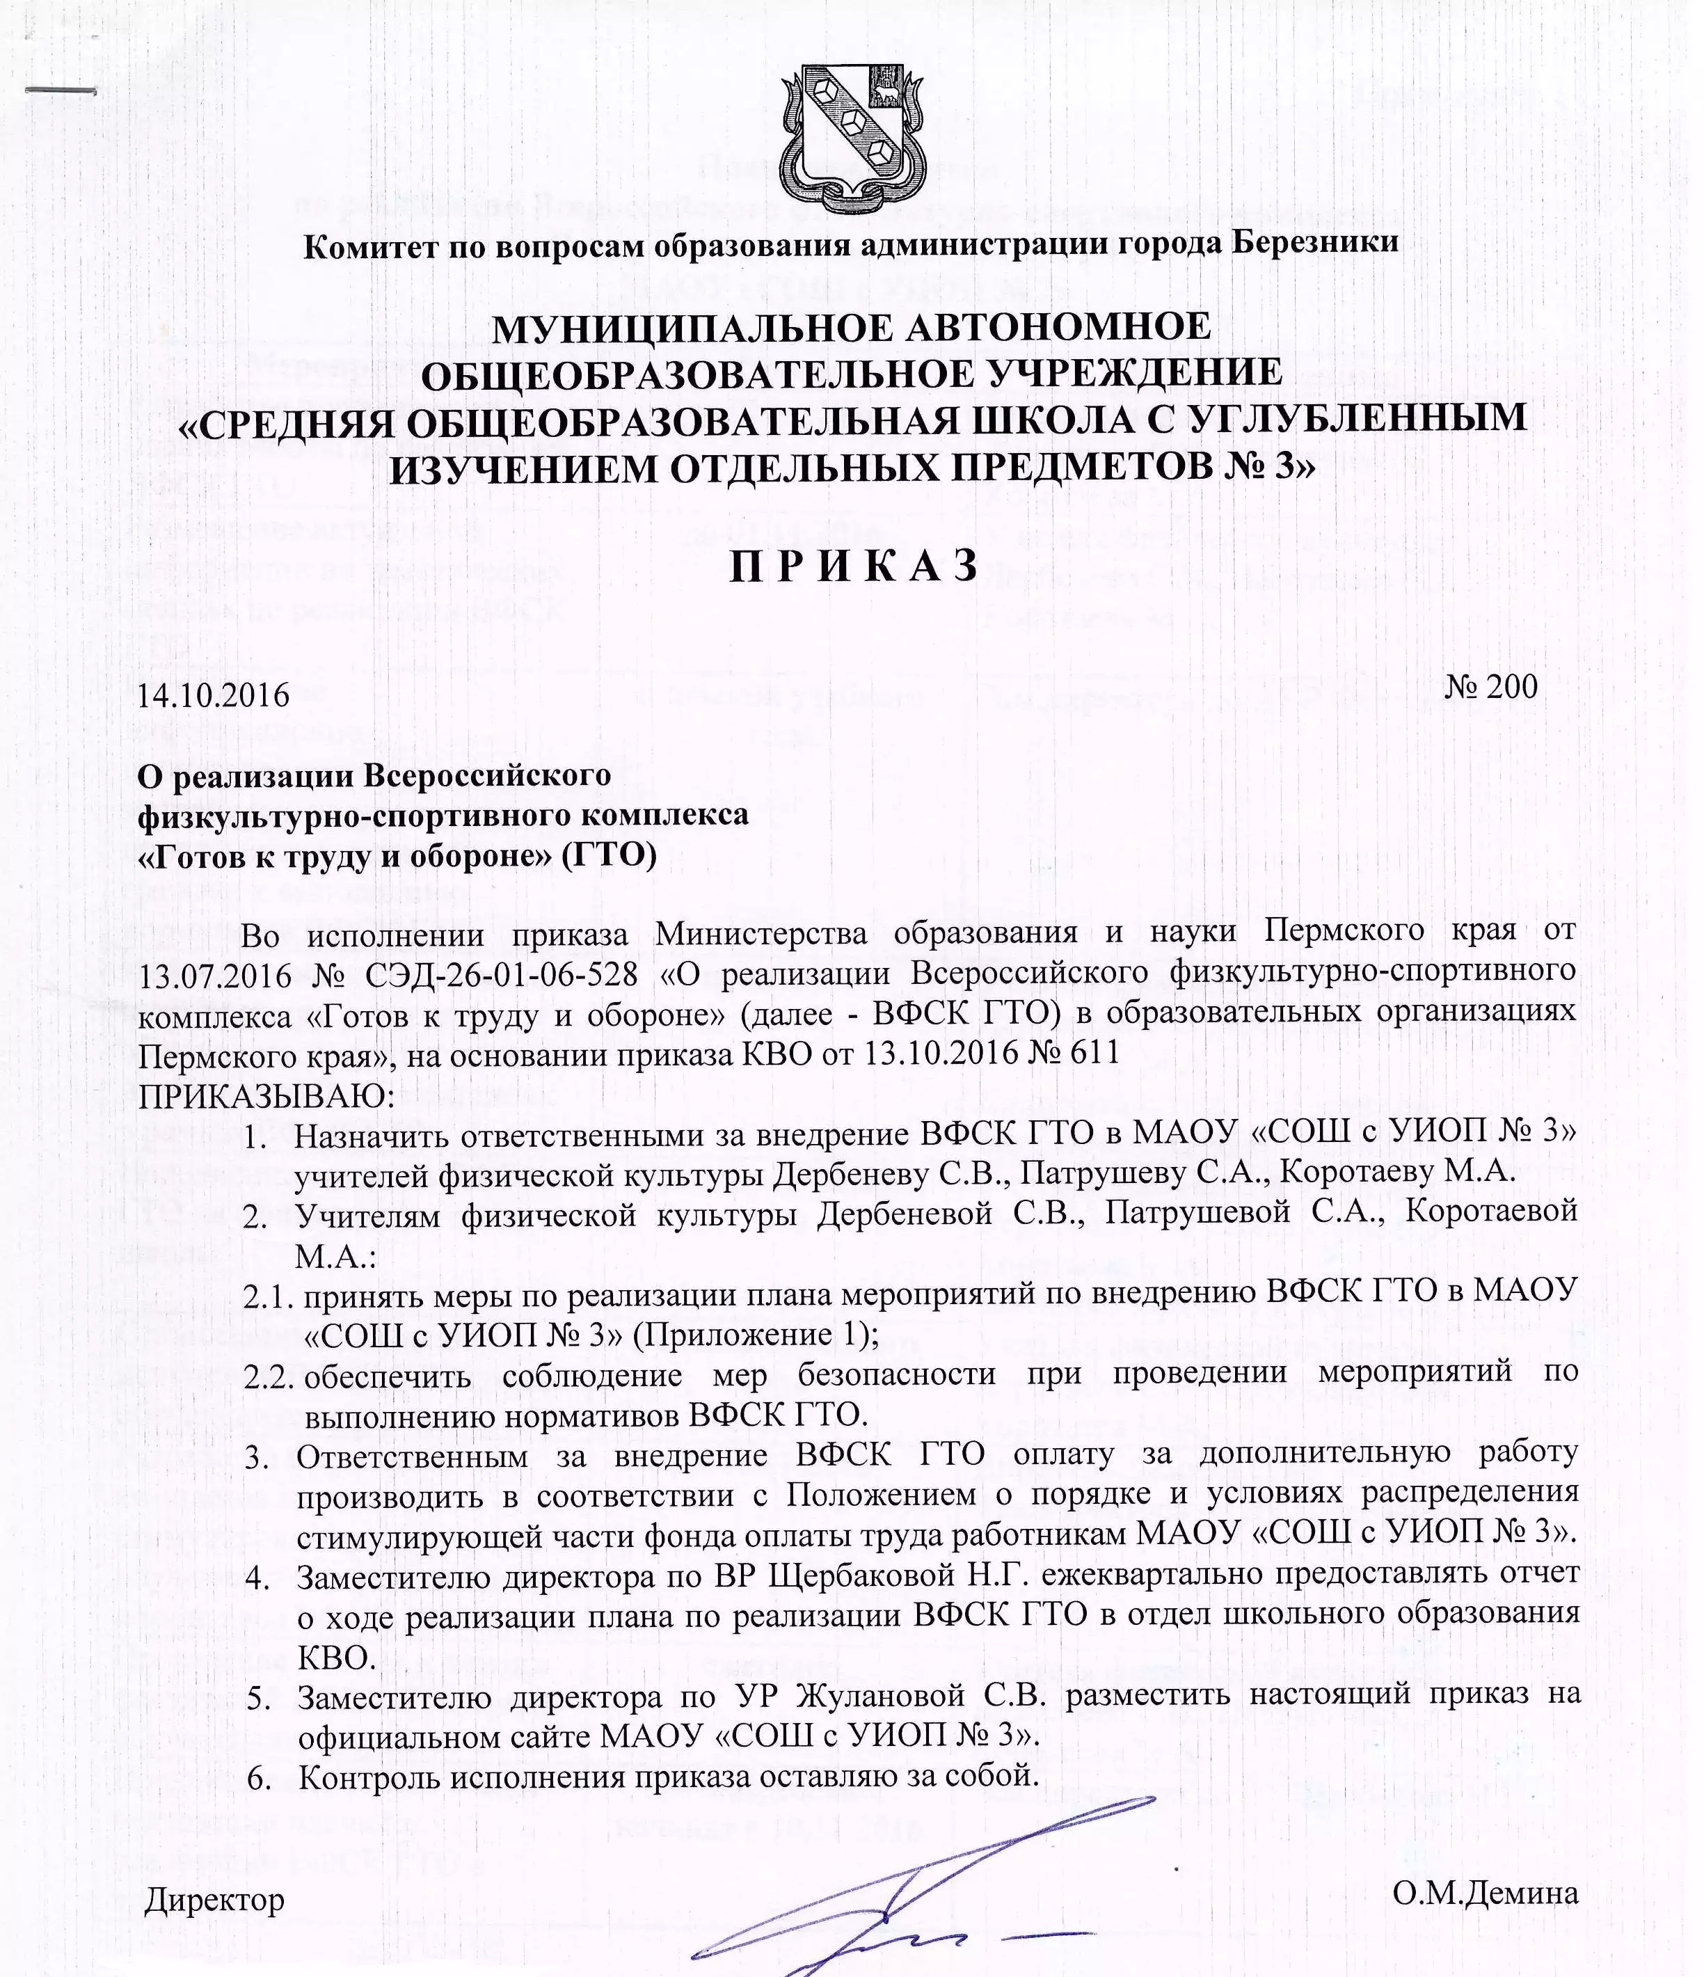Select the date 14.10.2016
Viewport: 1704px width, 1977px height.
pyautogui.click(x=214, y=694)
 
